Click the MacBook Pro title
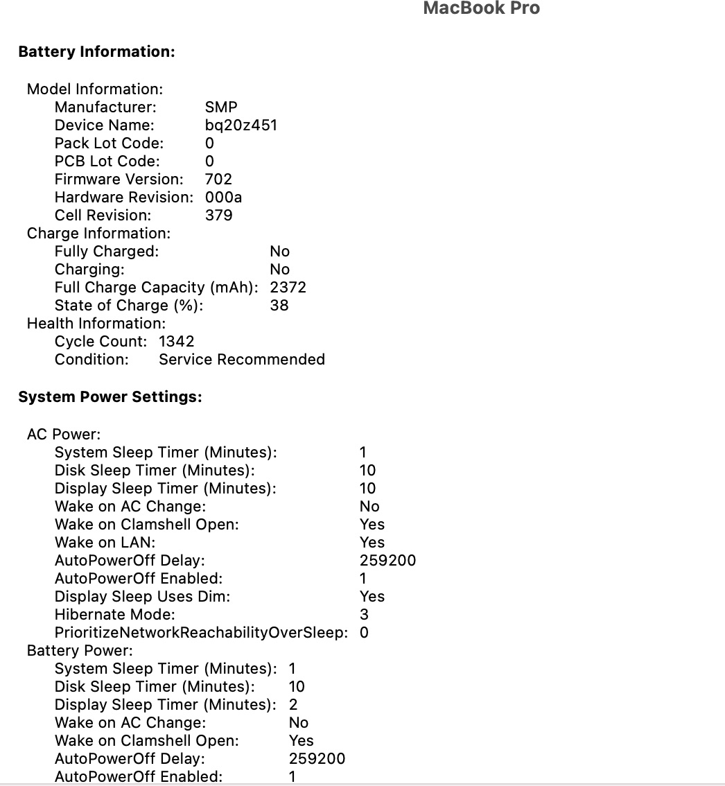pos(481,8)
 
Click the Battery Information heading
pos(96,52)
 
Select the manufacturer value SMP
pos(221,107)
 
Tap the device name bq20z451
pos(241,125)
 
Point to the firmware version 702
pos(218,180)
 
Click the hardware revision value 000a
pos(223,198)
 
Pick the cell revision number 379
pos(218,216)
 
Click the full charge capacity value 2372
pos(288,288)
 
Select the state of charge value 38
pos(279,306)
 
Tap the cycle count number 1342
pos(177,342)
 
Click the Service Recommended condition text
pos(241,360)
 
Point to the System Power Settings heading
pos(110,397)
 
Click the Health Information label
pos(96,324)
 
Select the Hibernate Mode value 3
pos(364,615)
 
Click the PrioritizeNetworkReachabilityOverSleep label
pos(201,633)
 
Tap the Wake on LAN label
pos(105,543)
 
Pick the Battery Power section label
pos(80,651)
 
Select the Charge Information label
pos(98,234)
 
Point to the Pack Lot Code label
pos(109,143)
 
